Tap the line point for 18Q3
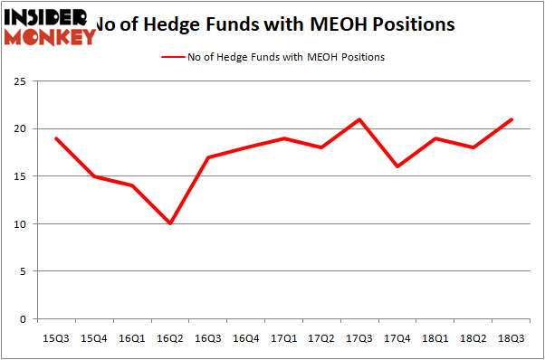(512, 119)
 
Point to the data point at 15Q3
(56, 138)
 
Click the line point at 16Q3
(208, 157)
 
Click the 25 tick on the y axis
(23, 81)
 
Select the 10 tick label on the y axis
(23, 224)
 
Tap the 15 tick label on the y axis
(23, 176)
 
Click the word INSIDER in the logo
(45, 15)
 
